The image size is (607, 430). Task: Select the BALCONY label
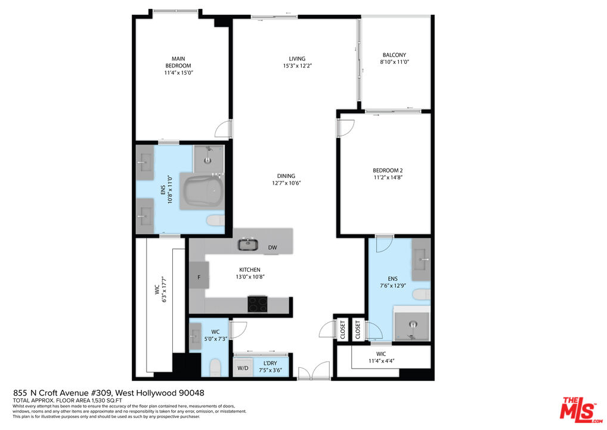point(394,55)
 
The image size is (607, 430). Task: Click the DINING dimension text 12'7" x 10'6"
point(286,183)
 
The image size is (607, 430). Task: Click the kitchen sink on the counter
point(246,244)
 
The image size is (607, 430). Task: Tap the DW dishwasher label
point(272,247)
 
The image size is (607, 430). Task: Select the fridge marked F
point(199,278)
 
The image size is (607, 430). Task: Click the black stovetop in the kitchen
point(258,304)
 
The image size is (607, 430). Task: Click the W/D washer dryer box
point(243,368)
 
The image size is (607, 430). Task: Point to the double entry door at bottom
point(314,371)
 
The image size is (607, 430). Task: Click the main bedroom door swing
point(224,129)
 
